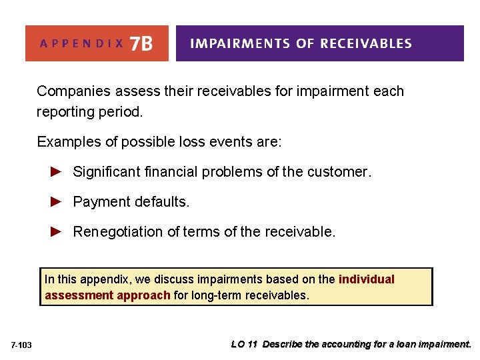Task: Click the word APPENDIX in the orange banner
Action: tap(82, 44)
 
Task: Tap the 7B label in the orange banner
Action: tap(141, 43)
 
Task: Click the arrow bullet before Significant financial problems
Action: tap(57, 171)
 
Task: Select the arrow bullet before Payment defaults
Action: tap(57, 201)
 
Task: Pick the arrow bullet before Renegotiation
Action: tap(57, 231)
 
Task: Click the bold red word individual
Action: tap(366, 279)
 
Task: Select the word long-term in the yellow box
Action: tap(215, 295)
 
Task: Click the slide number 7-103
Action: tap(22, 345)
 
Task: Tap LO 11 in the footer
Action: tap(245, 345)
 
